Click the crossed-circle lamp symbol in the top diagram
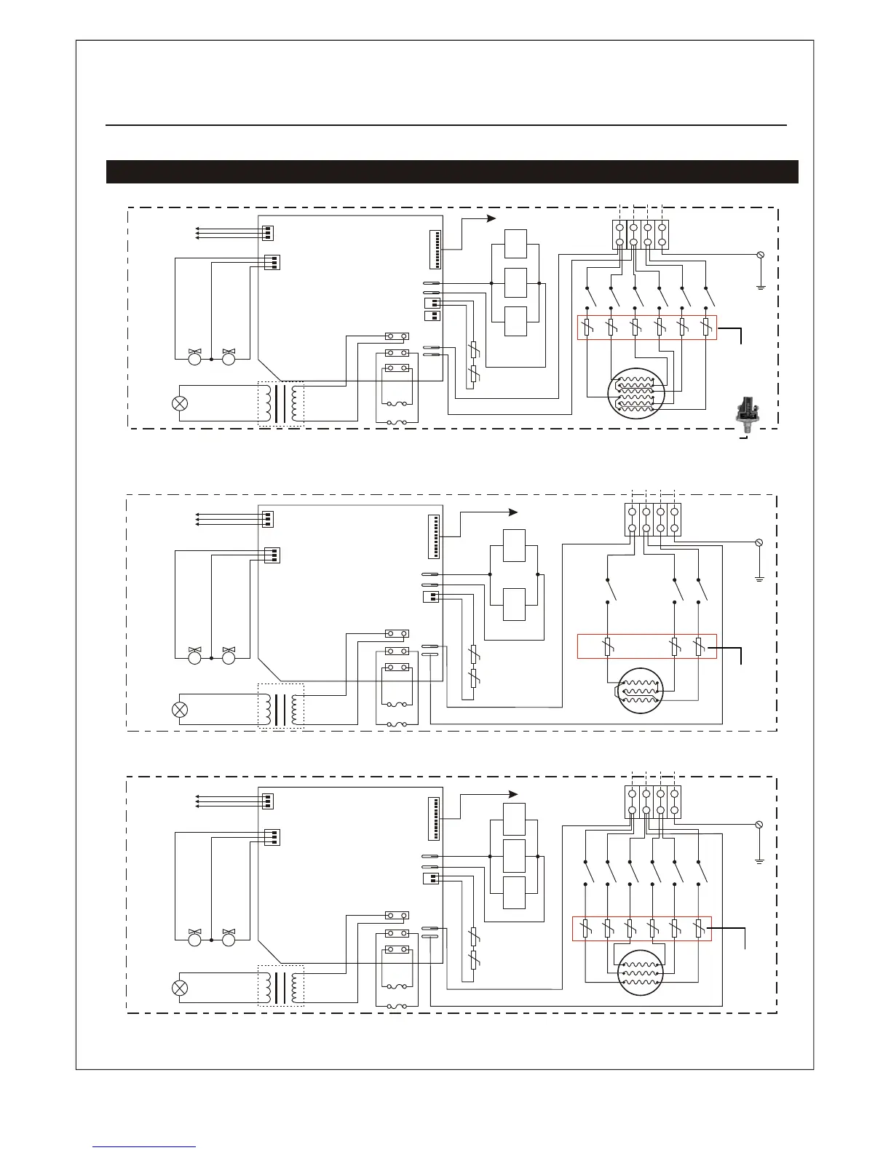coord(179,403)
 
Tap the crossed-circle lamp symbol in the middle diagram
coord(179,709)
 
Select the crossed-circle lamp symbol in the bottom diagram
coord(179,988)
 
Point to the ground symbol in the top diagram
coord(760,287)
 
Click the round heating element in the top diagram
coord(636,394)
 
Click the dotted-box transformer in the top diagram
coord(281,403)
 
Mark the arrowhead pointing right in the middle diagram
coord(512,512)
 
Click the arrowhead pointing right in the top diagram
coord(491,218)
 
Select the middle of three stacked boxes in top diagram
coord(515,282)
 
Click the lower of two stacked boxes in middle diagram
coord(514,603)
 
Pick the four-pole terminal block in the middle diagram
coord(653,520)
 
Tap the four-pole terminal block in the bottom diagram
coord(653,801)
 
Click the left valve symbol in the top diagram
coord(194,357)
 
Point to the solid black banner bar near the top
coord(452,172)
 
